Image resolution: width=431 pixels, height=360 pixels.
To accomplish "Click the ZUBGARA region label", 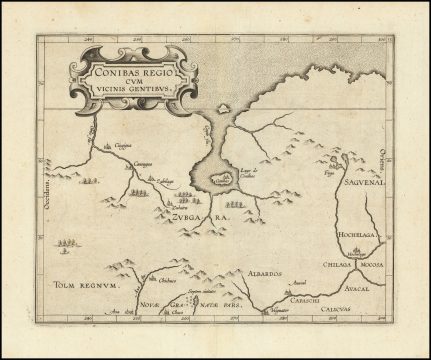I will (x=201, y=216).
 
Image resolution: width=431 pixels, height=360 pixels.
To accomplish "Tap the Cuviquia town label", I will (x=121, y=146).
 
